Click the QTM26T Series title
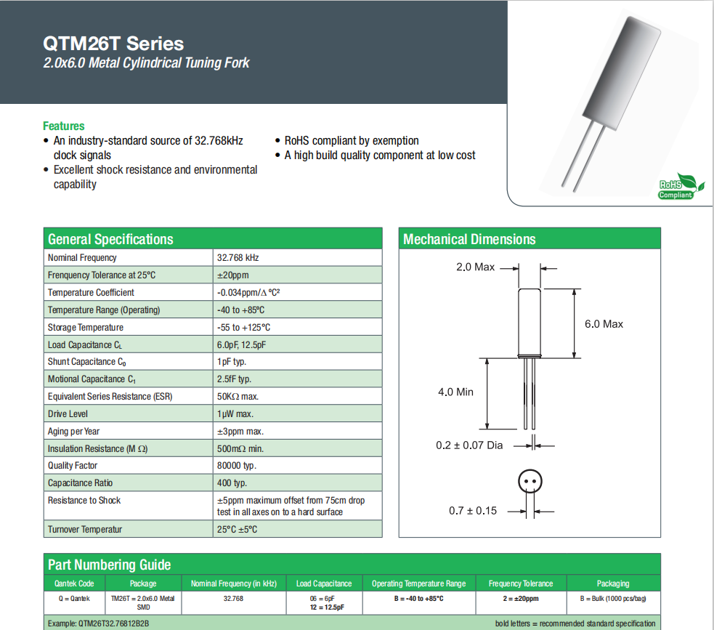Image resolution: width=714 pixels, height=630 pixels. [114, 43]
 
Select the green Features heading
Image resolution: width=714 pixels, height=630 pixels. [64, 126]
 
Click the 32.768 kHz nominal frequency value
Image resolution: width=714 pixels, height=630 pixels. [238, 258]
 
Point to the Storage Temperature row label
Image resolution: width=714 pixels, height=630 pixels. [86, 328]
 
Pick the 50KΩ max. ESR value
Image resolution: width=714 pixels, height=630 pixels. [238, 397]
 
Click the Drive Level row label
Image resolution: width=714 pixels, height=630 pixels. [68, 414]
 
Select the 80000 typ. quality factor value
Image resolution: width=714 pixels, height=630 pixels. [237, 466]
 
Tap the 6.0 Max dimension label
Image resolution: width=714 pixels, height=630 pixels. [604, 324]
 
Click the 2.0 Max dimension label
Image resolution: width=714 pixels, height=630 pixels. [475, 267]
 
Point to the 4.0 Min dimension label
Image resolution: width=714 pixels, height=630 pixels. [455, 392]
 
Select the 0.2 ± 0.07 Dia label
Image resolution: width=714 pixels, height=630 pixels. [469, 445]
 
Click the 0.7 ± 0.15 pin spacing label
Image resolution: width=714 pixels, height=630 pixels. [473, 511]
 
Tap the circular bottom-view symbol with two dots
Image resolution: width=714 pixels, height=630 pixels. [530, 482]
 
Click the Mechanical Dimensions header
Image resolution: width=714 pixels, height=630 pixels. [469, 239]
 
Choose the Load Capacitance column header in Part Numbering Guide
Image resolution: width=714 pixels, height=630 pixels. [324, 583]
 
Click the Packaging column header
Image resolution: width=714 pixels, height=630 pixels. [612, 583]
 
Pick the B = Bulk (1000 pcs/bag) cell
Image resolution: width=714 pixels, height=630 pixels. [612, 599]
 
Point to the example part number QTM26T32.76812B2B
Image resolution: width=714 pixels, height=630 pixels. [98, 623]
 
